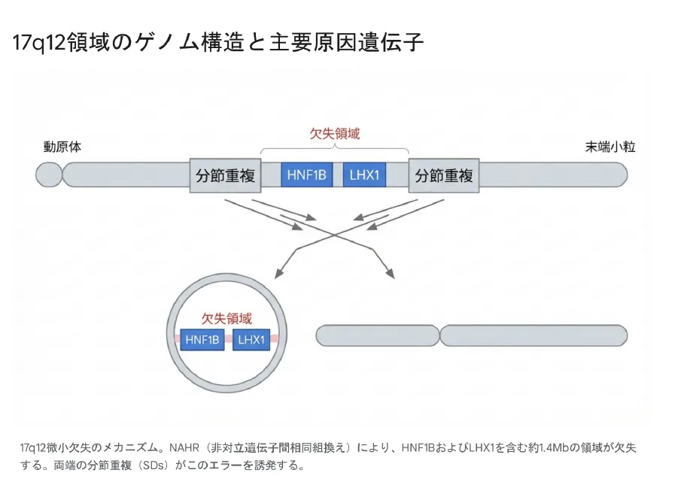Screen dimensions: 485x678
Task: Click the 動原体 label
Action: [x=62, y=147]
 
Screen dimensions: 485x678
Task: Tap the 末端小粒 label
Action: [x=610, y=147]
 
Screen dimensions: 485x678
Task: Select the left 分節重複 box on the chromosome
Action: [x=225, y=176]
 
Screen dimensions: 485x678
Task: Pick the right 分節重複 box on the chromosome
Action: [x=443, y=176]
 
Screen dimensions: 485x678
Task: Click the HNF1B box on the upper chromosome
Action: [x=306, y=176]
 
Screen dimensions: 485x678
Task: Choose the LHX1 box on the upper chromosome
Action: [x=366, y=176]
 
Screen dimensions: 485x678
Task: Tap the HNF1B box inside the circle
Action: [x=202, y=340]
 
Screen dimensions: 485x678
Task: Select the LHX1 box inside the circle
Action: [x=251, y=340]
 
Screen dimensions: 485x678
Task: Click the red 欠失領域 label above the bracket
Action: [x=335, y=134]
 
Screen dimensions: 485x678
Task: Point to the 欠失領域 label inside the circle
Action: [x=227, y=319]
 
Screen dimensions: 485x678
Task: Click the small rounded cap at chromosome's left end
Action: [x=49, y=176]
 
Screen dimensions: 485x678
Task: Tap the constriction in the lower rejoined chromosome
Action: [x=439, y=335]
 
